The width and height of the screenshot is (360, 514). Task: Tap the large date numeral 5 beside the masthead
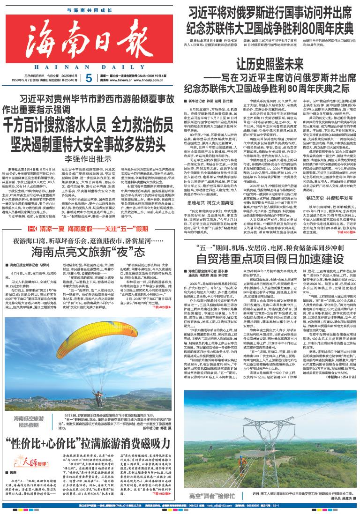coord(90,78)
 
